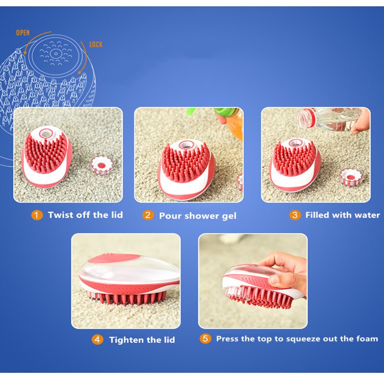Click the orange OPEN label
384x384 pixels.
pos(23,33)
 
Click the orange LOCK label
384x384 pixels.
pos(96,45)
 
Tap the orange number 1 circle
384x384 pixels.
pos(37,215)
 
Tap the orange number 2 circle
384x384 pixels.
pos(148,215)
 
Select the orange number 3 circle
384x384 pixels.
pos(295,215)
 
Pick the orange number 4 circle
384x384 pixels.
pos(97,339)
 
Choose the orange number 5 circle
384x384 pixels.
pos(205,338)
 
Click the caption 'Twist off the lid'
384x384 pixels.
pos(85,215)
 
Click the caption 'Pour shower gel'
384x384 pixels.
pos(198,216)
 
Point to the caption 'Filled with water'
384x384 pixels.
pos(342,215)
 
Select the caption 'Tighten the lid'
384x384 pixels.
pos(142,340)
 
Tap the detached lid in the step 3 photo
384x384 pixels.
pos(350,177)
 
